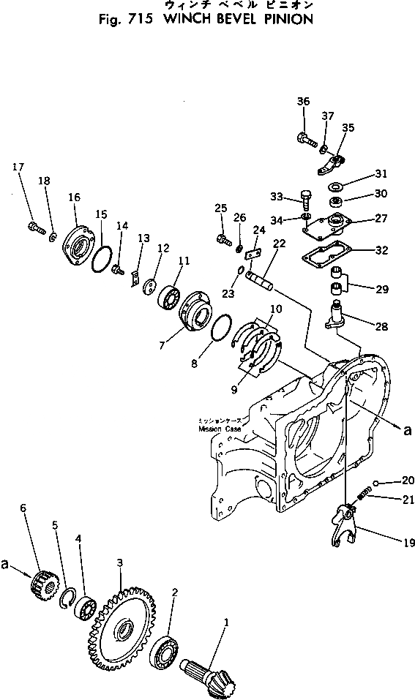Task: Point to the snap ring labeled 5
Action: [68, 598]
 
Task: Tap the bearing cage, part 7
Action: [192, 313]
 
